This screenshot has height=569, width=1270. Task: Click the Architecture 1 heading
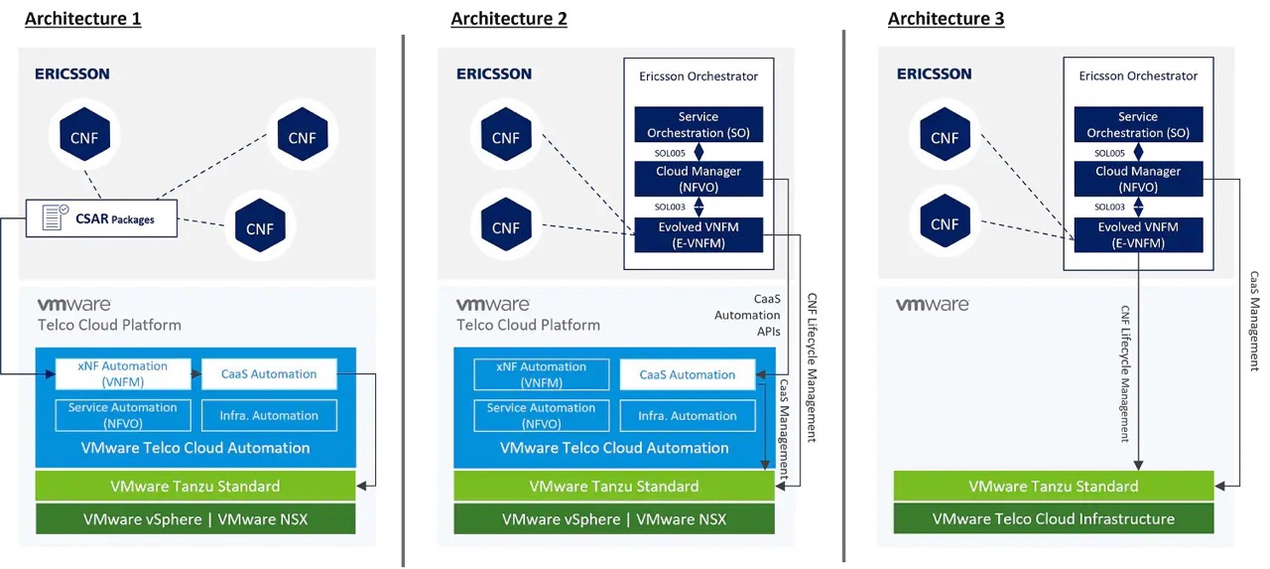point(82,19)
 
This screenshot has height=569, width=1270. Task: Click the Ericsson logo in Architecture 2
point(493,73)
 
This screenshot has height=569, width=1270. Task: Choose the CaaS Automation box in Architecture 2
point(687,374)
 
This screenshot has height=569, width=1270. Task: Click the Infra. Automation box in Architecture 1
point(269,415)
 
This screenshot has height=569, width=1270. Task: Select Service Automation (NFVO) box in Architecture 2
point(540,415)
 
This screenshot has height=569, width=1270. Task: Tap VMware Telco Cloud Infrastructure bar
point(1053,518)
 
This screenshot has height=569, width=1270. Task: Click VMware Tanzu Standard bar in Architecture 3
point(1053,486)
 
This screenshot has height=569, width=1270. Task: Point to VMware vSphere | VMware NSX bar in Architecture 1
point(195,518)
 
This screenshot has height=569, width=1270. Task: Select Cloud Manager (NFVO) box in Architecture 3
point(1137,179)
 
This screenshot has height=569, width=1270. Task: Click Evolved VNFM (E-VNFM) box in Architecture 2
point(698,234)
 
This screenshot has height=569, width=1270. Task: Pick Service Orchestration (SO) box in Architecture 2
point(698,124)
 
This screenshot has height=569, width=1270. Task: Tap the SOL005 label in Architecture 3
point(1109,153)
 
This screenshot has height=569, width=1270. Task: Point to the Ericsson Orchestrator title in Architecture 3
point(1138,75)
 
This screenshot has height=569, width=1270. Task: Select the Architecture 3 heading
point(946,19)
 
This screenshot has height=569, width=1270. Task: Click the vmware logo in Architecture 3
point(932,305)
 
